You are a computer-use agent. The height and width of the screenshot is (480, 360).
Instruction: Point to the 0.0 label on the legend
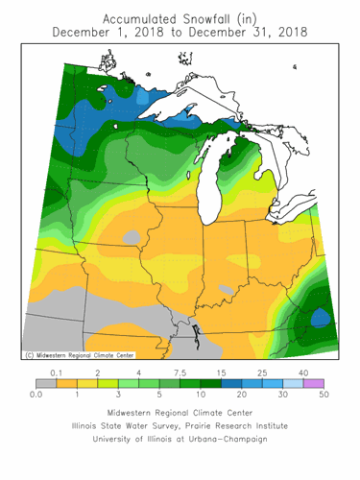(36, 395)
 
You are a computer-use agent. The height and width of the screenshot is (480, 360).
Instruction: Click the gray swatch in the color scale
(46, 383)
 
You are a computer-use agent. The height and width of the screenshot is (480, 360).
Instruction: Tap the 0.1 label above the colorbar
(57, 372)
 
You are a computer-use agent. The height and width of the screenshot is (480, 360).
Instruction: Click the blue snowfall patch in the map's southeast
(323, 316)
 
